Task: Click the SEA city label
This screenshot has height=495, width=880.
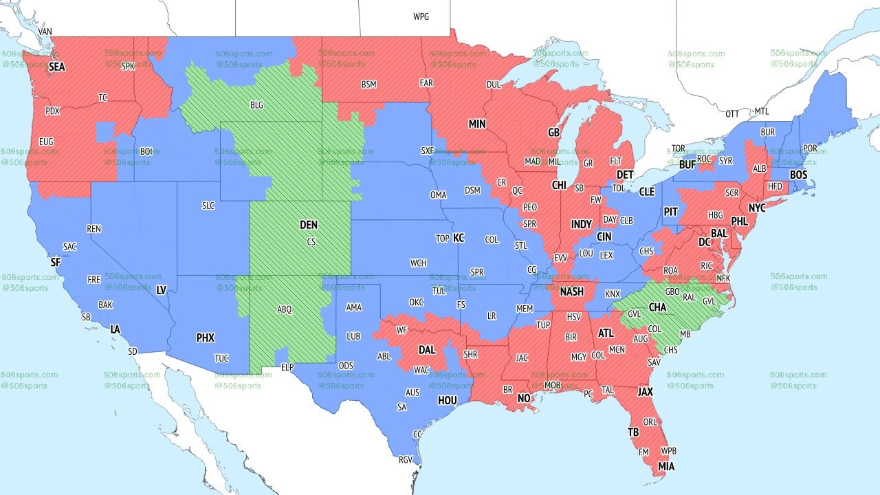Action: point(56,67)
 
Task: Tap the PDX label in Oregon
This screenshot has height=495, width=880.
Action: point(52,111)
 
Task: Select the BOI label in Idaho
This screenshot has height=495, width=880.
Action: point(146,151)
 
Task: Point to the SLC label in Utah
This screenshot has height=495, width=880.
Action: point(208,206)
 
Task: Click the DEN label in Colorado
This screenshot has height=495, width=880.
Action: point(309,225)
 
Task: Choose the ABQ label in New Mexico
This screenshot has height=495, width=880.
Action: point(285,310)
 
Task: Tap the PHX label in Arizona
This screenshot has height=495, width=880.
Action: point(206,338)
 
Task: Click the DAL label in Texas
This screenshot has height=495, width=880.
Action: point(427,350)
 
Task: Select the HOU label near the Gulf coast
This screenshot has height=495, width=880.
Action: point(448,400)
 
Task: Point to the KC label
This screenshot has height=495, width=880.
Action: point(459,238)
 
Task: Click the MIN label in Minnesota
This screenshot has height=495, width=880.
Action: point(477,124)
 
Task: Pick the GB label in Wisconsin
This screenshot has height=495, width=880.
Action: point(553,132)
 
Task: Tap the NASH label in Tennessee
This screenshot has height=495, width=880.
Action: point(571,291)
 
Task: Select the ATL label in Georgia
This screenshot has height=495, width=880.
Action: point(606,333)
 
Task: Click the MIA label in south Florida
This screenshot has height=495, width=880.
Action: point(665,467)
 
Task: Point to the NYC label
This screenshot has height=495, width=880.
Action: point(757,208)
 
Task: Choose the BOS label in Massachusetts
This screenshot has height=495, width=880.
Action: point(798,175)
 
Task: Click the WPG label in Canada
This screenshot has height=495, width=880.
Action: point(421,16)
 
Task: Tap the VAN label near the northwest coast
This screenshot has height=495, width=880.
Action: point(45,32)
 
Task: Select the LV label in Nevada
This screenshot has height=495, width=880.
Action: point(162,291)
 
